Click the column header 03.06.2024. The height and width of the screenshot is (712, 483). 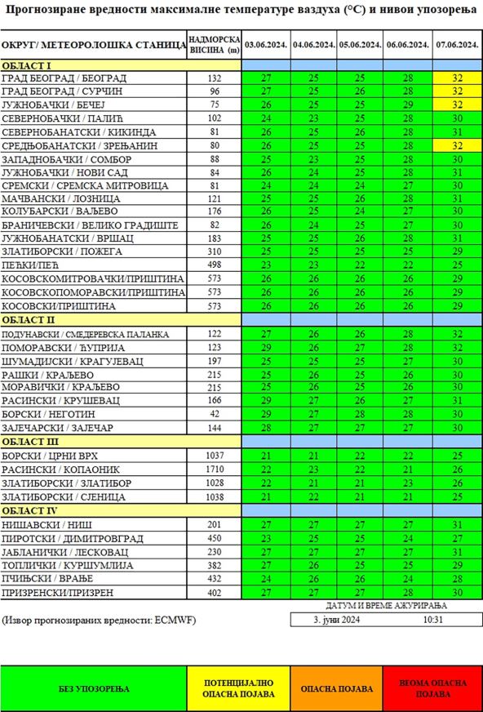pyautogui.click(x=266, y=44)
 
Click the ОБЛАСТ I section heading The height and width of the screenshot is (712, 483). pyautogui.click(x=27, y=65)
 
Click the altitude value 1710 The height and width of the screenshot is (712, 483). pyautogui.click(x=215, y=469)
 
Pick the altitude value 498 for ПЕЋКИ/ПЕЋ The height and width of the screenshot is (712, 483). pyautogui.click(x=215, y=265)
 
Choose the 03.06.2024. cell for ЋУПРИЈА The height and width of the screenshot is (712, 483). pyautogui.click(x=266, y=348)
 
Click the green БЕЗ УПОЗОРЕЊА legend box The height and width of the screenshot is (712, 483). pyautogui.click(x=95, y=689)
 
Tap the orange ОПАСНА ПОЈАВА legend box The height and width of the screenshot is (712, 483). pyautogui.click(x=336, y=689)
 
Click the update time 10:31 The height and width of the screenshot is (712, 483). pyautogui.click(x=433, y=620)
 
